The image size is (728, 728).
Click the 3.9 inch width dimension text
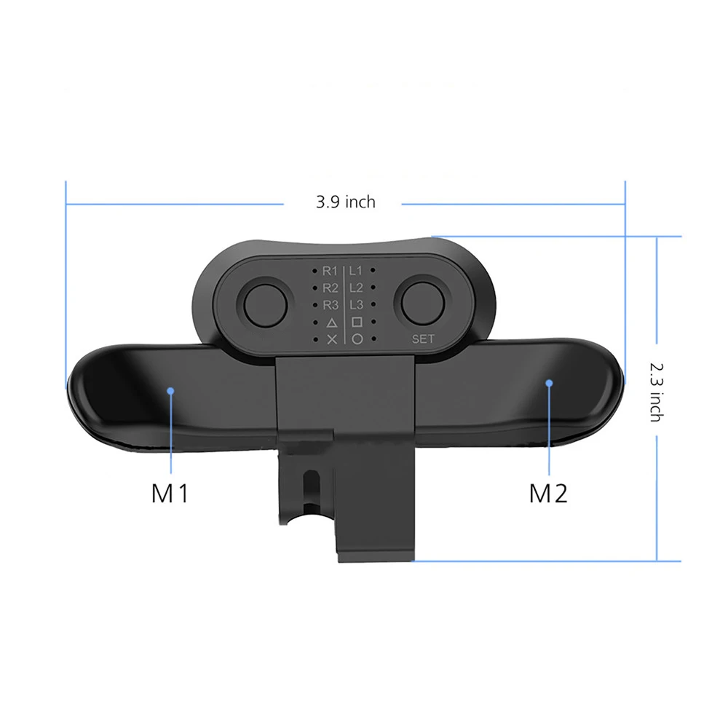345,202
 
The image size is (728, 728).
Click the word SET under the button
422,339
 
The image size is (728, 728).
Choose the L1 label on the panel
356,271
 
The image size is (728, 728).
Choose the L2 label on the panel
356,288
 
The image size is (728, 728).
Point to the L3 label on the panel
356,304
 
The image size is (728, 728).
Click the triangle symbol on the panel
331,322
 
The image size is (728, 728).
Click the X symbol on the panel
331,339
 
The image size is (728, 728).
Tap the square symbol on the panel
357,322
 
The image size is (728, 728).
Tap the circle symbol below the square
357,339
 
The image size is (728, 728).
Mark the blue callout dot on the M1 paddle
170,390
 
